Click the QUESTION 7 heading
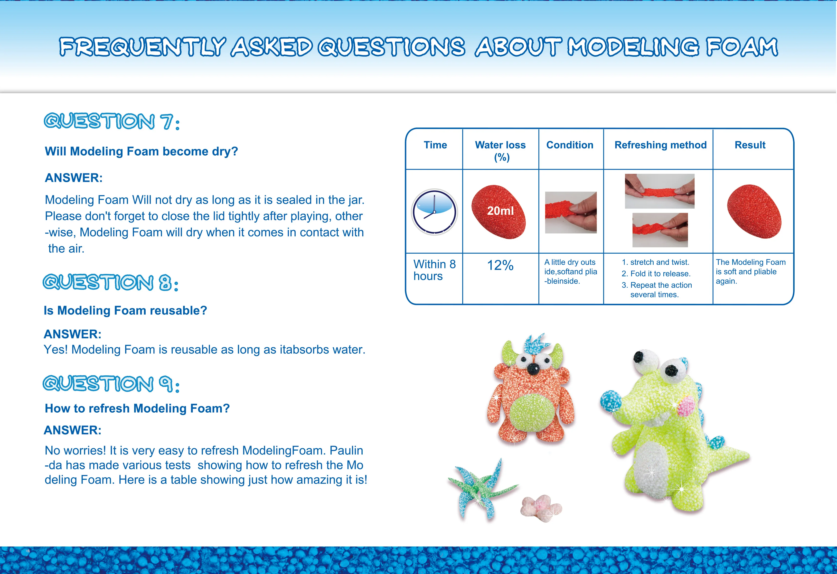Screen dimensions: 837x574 coord(112,121)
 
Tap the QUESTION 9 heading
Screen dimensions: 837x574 coord(111,384)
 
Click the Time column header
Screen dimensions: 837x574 coord(435,145)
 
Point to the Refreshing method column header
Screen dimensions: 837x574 coord(660,145)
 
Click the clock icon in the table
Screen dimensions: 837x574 coord(434,212)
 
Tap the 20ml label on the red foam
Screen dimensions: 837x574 coord(500,211)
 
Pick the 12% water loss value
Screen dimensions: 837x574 coord(500,265)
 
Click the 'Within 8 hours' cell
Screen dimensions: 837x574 coord(434,270)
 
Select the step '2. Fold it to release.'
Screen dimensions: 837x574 coord(656,274)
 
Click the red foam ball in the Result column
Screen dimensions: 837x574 coord(754,211)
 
